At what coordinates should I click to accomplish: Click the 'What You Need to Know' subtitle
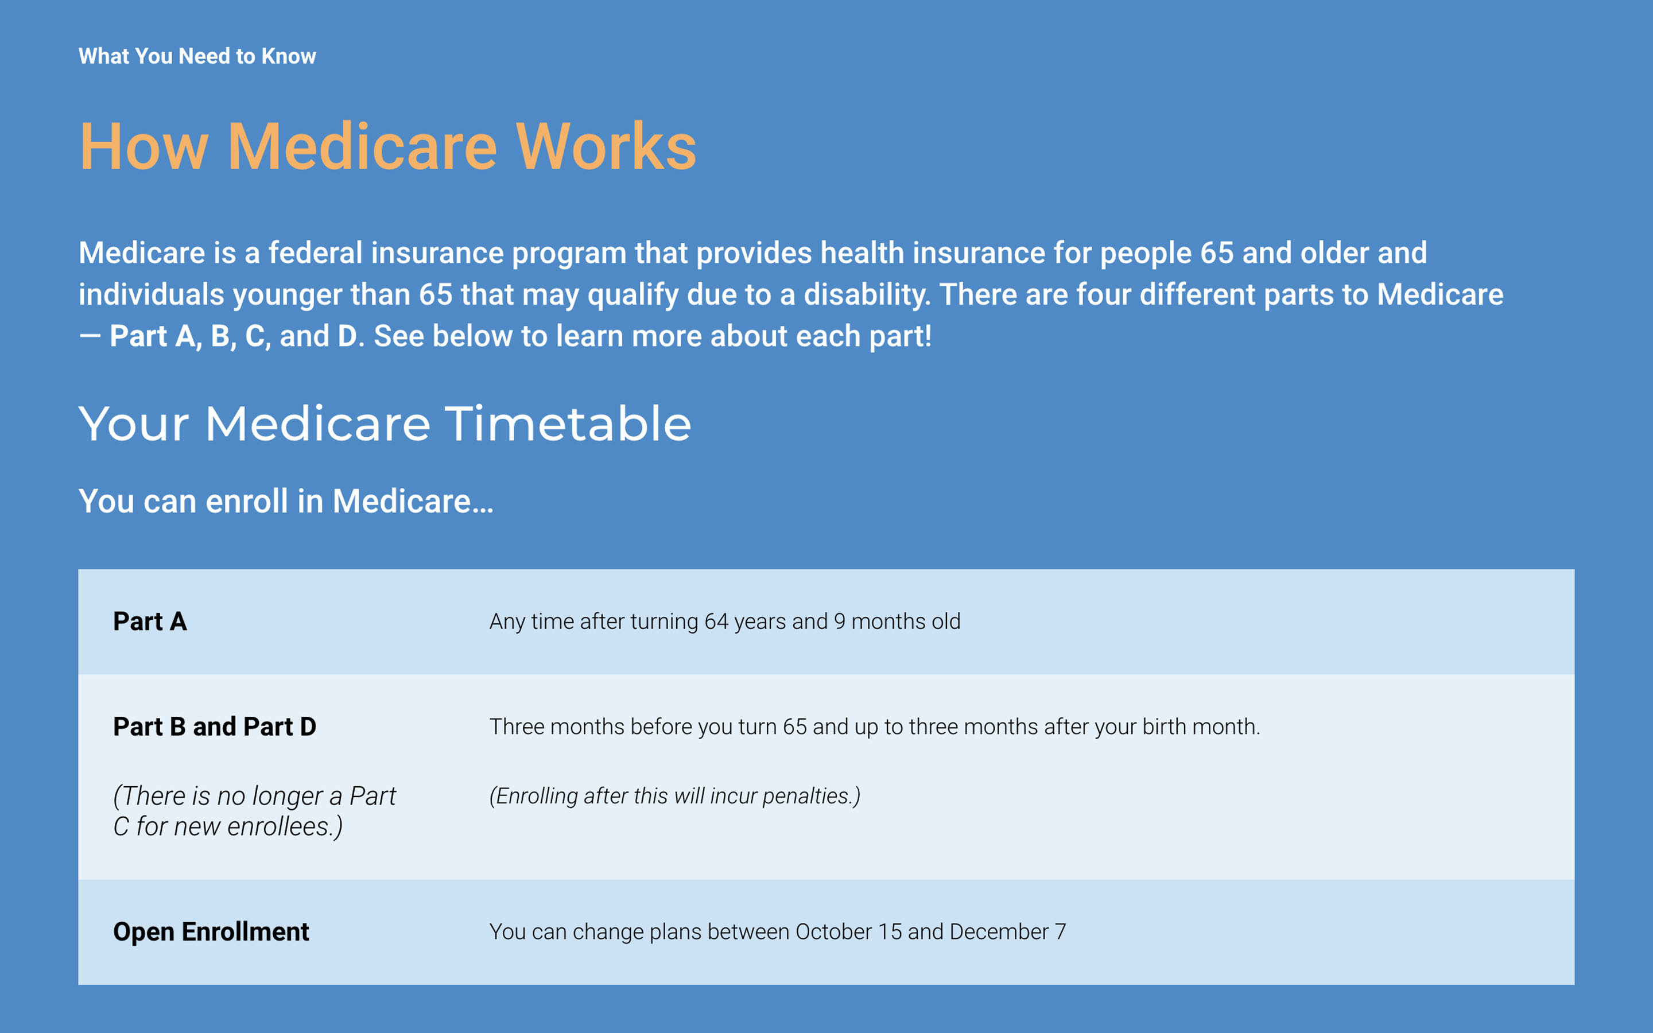point(197,56)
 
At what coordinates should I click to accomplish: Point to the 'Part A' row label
point(150,621)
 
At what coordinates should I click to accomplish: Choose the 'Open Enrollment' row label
point(211,932)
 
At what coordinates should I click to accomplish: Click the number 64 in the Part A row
point(716,621)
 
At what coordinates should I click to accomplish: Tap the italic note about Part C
point(254,811)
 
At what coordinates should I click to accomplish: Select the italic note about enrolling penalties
point(675,796)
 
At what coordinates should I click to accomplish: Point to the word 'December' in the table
point(999,932)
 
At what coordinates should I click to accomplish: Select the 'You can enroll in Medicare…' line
point(285,501)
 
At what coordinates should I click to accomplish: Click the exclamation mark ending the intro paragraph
point(928,336)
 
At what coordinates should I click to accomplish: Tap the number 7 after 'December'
point(1060,932)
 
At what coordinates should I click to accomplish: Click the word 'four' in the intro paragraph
point(1104,294)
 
